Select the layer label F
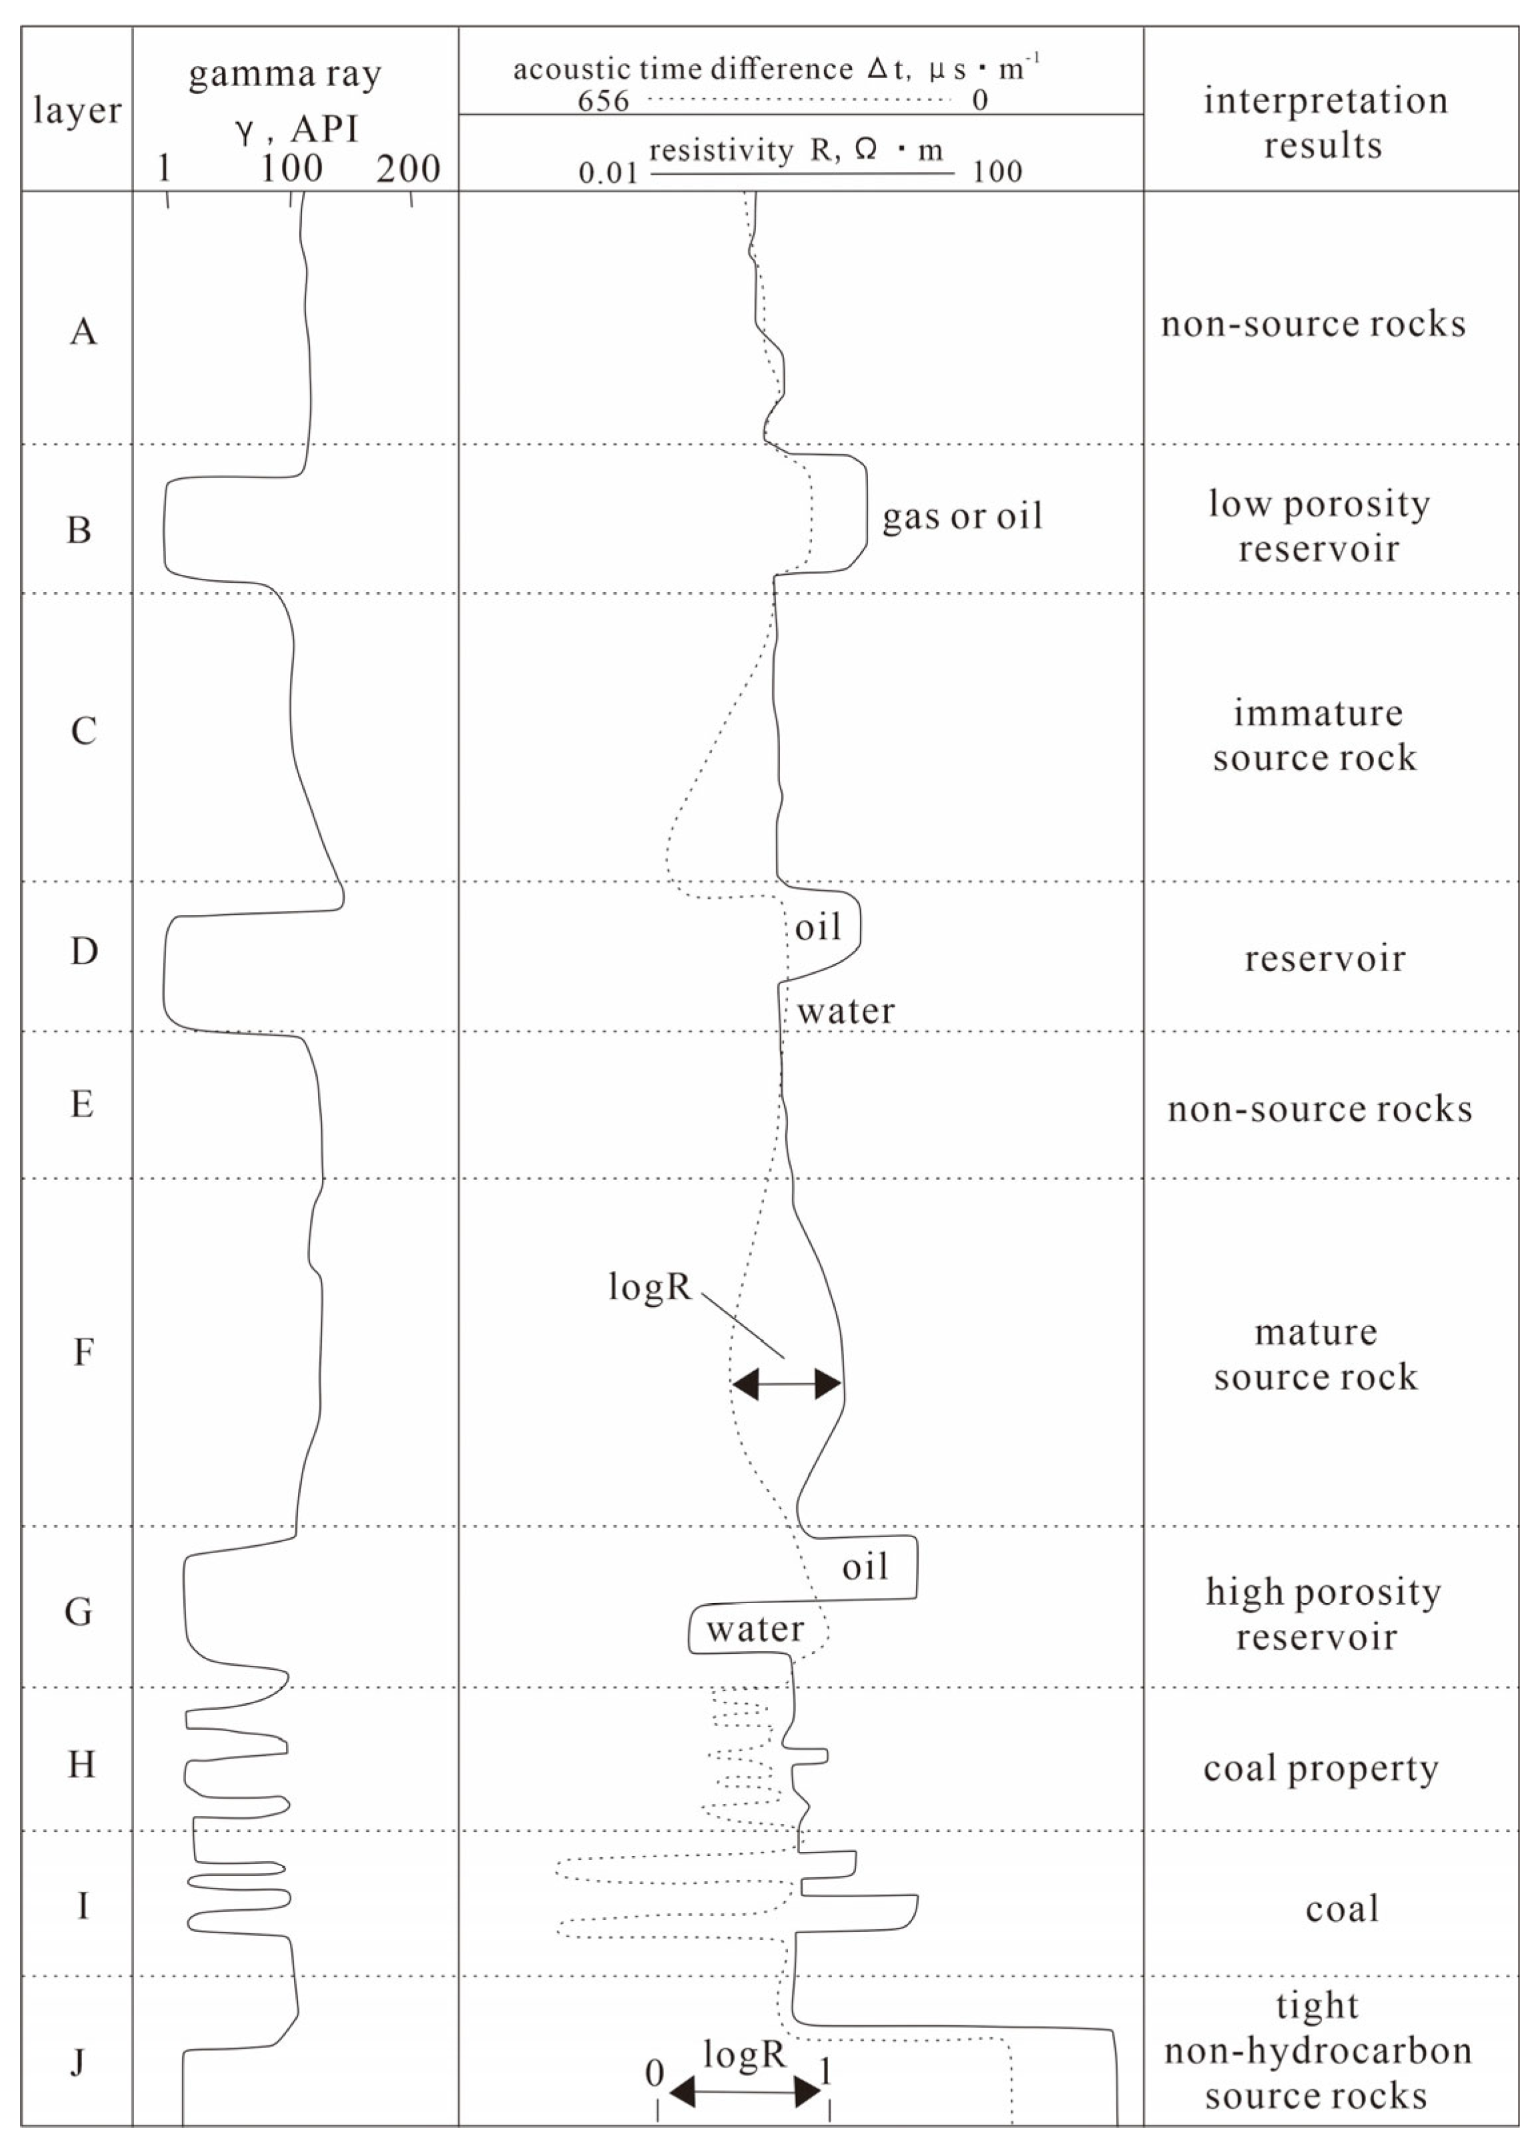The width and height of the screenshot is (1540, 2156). click(x=83, y=1352)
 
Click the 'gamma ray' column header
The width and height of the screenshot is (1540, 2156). click(x=285, y=74)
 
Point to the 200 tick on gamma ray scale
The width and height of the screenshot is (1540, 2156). click(x=409, y=169)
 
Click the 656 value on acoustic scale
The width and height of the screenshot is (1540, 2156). click(x=603, y=99)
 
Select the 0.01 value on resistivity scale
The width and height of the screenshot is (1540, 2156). click(x=608, y=173)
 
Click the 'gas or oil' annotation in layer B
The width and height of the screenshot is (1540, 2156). click(x=961, y=516)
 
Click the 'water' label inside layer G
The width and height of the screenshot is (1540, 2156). click(x=755, y=1629)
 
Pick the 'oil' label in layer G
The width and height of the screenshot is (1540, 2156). click(x=865, y=1567)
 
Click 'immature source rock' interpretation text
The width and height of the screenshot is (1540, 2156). click(x=1315, y=735)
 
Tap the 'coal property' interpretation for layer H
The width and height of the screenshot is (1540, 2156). click(x=1321, y=1769)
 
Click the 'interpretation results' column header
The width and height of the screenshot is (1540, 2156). click(x=1325, y=123)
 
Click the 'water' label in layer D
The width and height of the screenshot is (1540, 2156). click(x=845, y=1011)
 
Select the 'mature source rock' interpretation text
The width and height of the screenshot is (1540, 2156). click(x=1315, y=1354)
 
